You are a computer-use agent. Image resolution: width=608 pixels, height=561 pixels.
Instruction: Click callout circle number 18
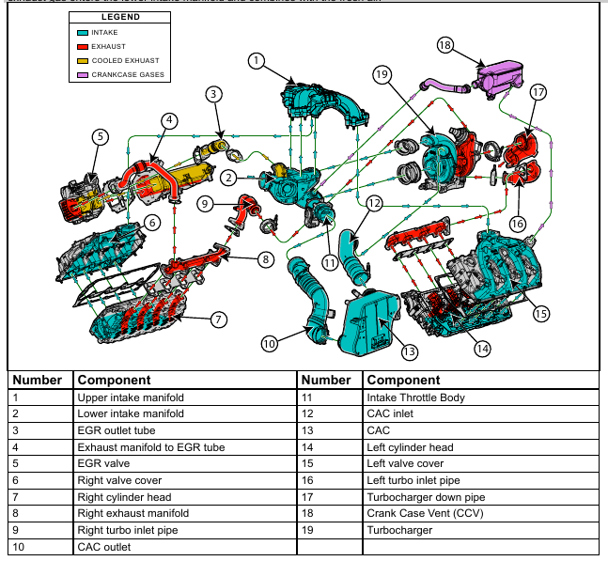445,45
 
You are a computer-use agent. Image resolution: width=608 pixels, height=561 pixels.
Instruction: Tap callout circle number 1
256,60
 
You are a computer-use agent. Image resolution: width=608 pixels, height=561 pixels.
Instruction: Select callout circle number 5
100,136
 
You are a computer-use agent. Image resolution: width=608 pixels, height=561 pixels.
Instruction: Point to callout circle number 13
409,352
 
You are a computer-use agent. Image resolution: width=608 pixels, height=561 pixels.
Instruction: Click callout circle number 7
218,319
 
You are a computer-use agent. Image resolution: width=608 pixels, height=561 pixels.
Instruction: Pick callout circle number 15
540,314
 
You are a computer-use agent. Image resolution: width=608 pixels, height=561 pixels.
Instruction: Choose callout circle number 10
270,344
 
